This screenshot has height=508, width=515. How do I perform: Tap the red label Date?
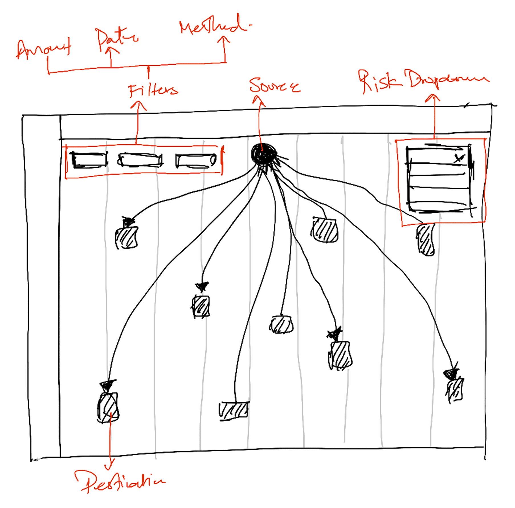tap(117, 38)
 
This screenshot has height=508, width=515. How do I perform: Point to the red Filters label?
tap(153, 90)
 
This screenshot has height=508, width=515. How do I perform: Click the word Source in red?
tap(274, 85)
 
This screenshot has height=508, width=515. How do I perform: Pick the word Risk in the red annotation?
tap(379, 81)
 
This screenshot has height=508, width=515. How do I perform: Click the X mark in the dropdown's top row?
tap(458, 158)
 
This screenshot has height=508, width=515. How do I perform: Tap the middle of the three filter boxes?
tap(140, 160)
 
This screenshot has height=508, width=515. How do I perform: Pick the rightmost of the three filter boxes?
tap(196, 161)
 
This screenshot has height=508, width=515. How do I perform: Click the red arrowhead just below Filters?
tap(138, 106)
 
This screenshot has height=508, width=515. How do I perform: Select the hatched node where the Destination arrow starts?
tap(108, 407)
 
